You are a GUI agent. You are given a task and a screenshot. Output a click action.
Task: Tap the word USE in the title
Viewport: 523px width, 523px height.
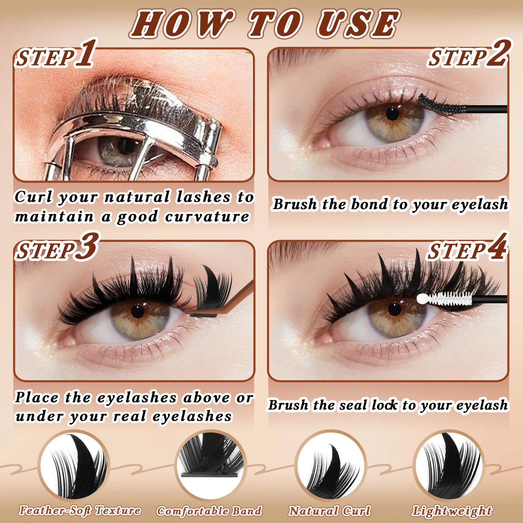357,24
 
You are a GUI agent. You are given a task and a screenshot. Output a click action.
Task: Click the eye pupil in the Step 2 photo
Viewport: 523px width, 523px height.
393,114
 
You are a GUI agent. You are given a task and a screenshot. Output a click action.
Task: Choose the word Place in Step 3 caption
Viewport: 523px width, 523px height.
36,398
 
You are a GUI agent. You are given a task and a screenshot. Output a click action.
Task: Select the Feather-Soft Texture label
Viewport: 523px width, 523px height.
80,510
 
